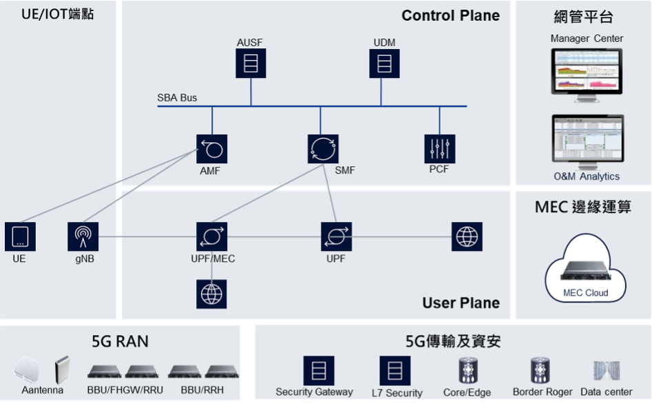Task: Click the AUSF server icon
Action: (x=251, y=63)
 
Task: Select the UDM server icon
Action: (x=384, y=63)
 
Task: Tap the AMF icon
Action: (x=211, y=148)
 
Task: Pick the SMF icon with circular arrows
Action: (x=323, y=148)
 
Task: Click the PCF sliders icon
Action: (x=439, y=148)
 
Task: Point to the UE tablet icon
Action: (x=20, y=236)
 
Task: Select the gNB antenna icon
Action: (x=83, y=236)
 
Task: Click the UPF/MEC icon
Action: (x=211, y=236)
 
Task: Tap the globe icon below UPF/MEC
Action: (x=211, y=294)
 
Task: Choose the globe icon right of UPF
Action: (x=467, y=236)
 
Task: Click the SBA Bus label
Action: (x=177, y=98)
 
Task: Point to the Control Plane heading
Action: (x=450, y=16)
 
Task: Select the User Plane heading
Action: (x=461, y=303)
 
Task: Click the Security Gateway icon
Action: (x=319, y=370)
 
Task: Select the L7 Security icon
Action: (x=395, y=370)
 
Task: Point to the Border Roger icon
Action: (x=540, y=370)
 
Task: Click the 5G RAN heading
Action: (x=120, y=341)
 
